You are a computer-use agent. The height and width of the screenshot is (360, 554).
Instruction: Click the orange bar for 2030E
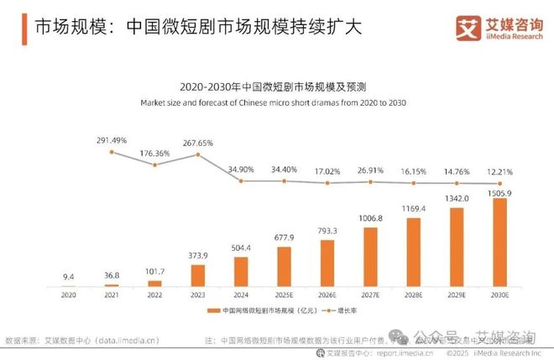(499, 243)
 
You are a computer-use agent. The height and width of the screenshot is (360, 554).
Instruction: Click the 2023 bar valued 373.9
(198, 276)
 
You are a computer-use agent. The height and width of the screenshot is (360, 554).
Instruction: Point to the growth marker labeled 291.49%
(112, 152)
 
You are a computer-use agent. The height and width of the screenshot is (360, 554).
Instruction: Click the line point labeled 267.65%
(198, 154)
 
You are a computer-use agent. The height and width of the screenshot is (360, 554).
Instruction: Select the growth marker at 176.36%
(155, 164)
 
